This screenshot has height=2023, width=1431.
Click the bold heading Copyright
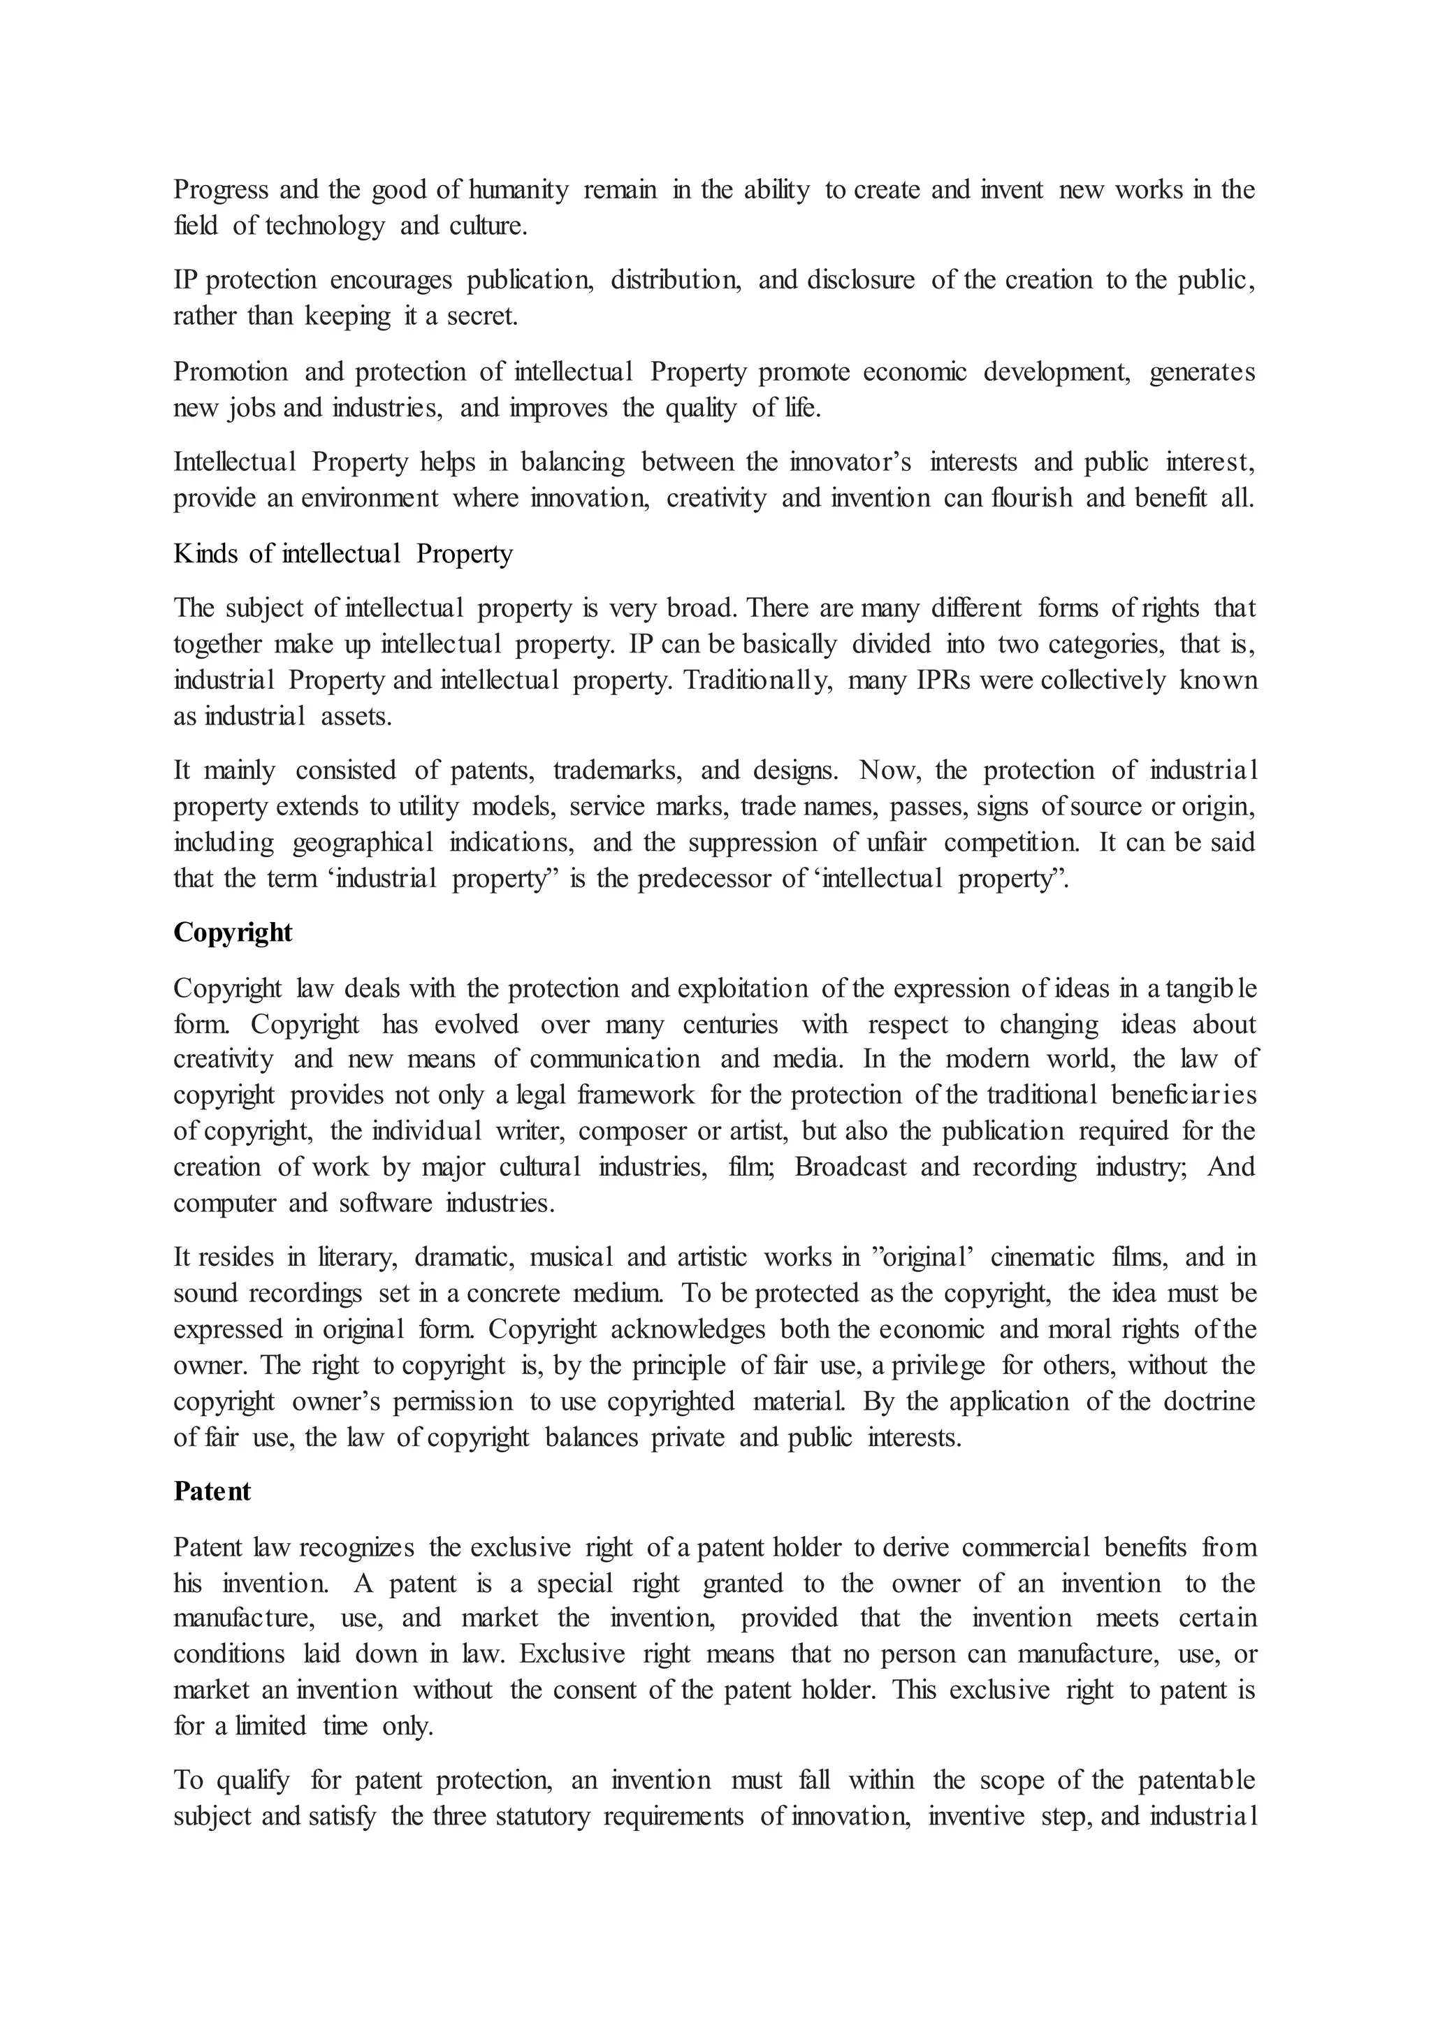233,932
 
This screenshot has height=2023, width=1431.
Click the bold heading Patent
212,1491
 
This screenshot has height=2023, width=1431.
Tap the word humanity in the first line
518,190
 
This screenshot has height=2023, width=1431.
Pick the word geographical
362,843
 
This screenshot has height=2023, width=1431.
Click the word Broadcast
850,1167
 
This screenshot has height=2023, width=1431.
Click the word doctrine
1209,1402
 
